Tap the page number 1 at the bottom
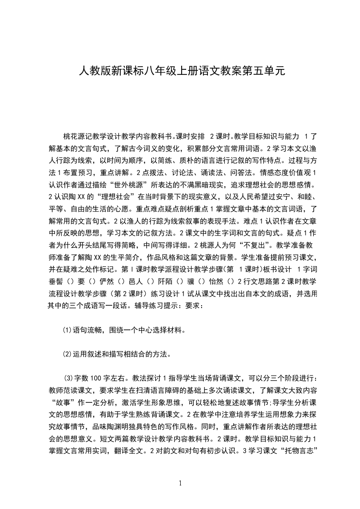180,483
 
